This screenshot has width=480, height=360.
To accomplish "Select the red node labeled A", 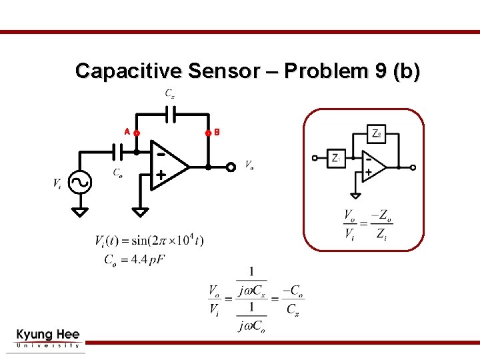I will [137, 133].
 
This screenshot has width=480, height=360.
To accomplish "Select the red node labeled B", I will [208, 133].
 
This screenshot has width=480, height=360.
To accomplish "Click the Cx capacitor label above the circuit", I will [171, 94].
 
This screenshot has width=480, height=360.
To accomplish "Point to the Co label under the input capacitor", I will [117, 173].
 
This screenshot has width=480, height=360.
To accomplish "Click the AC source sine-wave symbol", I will [80, 182].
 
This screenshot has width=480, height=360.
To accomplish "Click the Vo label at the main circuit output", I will [249, 164].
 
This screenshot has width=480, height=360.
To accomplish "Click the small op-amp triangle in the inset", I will [373, 165].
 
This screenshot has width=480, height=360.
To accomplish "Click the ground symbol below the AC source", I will [80, 212].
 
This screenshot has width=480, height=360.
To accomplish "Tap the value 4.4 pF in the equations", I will [147, 259].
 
